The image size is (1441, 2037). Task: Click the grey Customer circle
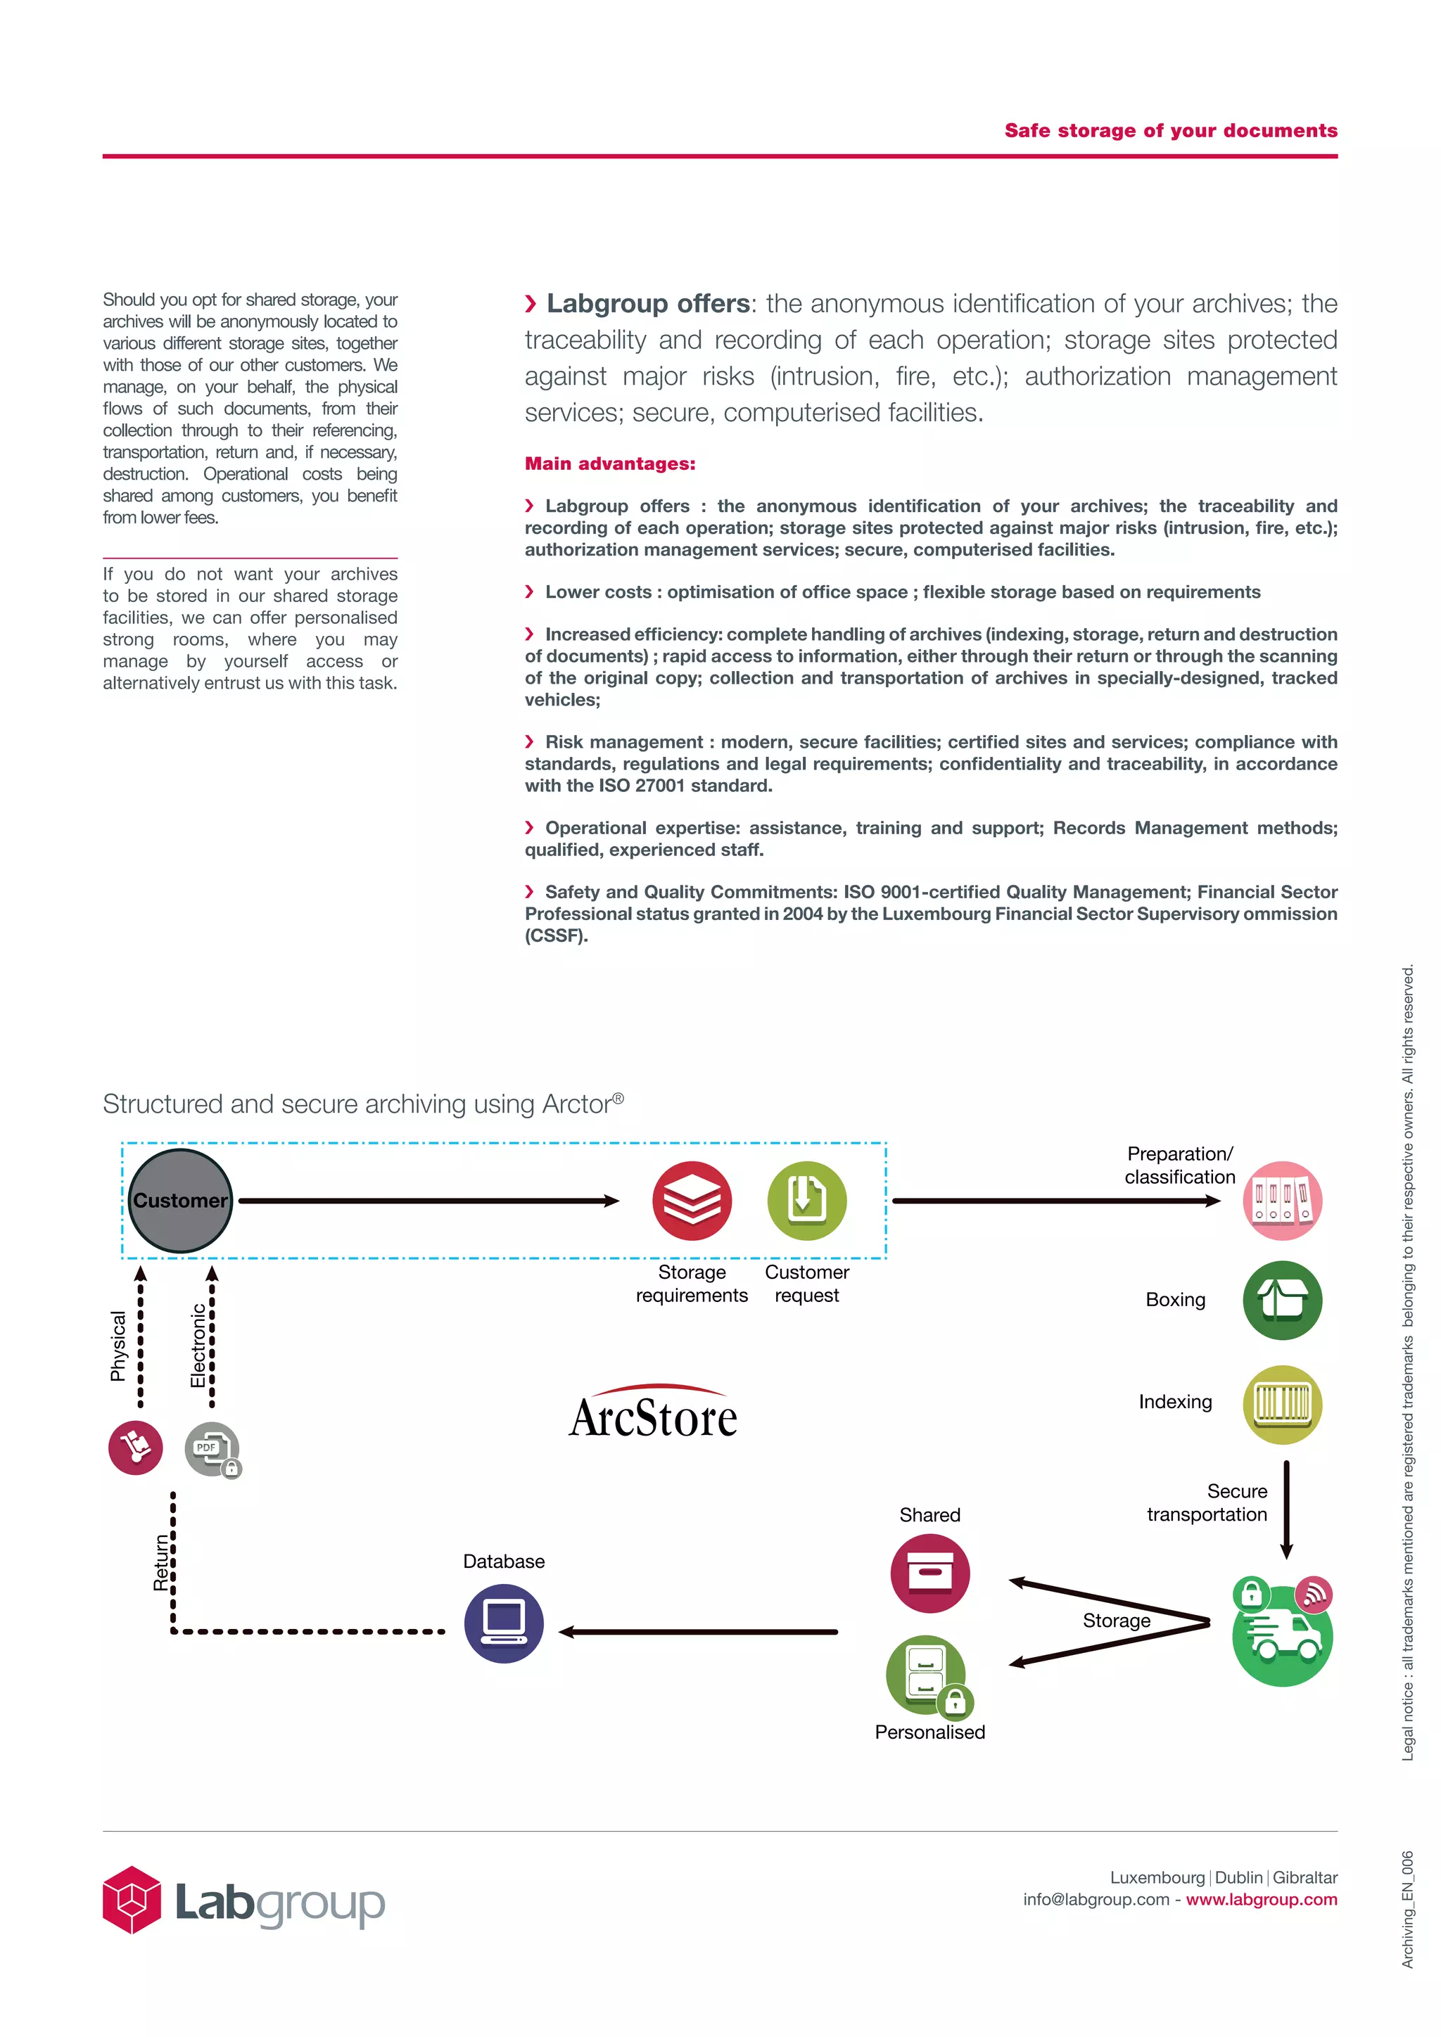tap(180, 1201)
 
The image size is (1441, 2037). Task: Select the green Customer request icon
tap(806, 1201)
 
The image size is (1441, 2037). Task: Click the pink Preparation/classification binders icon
tap(1282, 1201)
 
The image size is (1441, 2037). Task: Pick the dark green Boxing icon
tap(1282, 1301)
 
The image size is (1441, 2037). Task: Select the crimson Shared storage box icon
tap(930, 1573)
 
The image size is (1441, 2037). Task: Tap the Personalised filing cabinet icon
tap(925, 1674)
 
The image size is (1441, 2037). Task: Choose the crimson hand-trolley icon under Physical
tap(135, 1448)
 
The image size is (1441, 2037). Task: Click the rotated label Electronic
tap(198, 1344)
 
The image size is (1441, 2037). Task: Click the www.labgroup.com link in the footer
tap(1261, 1898)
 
